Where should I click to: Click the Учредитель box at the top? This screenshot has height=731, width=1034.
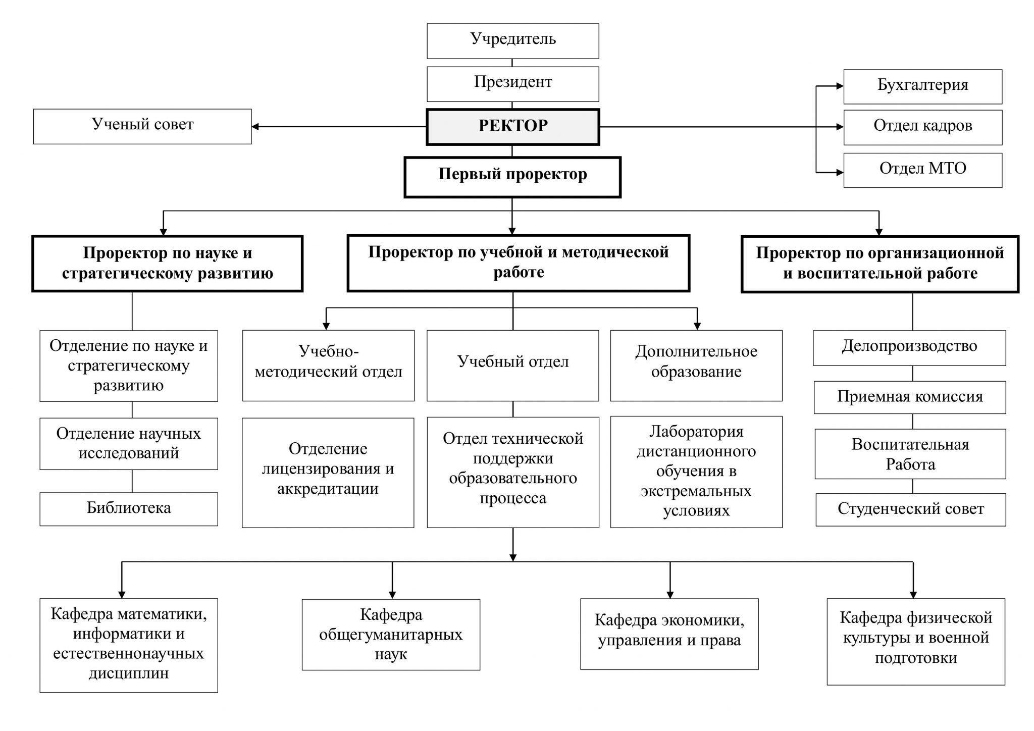pos(513,40)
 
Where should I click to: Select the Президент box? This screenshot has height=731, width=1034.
pos(513,83)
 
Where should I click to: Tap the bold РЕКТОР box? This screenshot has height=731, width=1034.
pos(513,126)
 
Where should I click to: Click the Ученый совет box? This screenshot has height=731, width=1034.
pos(142,126)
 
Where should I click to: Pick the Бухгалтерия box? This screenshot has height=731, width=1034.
pos(922,86)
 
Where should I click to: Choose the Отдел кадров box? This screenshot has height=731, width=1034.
pos(922,127)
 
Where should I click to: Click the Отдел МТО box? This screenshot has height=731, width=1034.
pos(922,170)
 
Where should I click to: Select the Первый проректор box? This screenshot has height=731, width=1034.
pos(512,177)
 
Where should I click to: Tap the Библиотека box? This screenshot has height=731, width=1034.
pos(129,509)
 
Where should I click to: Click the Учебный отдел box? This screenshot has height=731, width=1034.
pos(513,365)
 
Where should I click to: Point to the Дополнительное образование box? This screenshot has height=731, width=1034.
pos(696,365)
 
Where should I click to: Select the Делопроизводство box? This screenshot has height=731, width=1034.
pos(909,347)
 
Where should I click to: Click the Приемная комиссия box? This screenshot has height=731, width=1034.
pos(910,397)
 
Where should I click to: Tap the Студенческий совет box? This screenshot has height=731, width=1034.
pos(911,509)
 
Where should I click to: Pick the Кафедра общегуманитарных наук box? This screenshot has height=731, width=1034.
pos(391,635)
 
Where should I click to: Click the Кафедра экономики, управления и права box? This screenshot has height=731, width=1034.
pos(669,634)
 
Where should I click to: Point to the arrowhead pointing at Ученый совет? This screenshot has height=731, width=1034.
pos(255,127)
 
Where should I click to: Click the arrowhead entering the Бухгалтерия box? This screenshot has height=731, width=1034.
pos(840,86)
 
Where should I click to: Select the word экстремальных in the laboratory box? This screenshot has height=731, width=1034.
pos(696,491)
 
